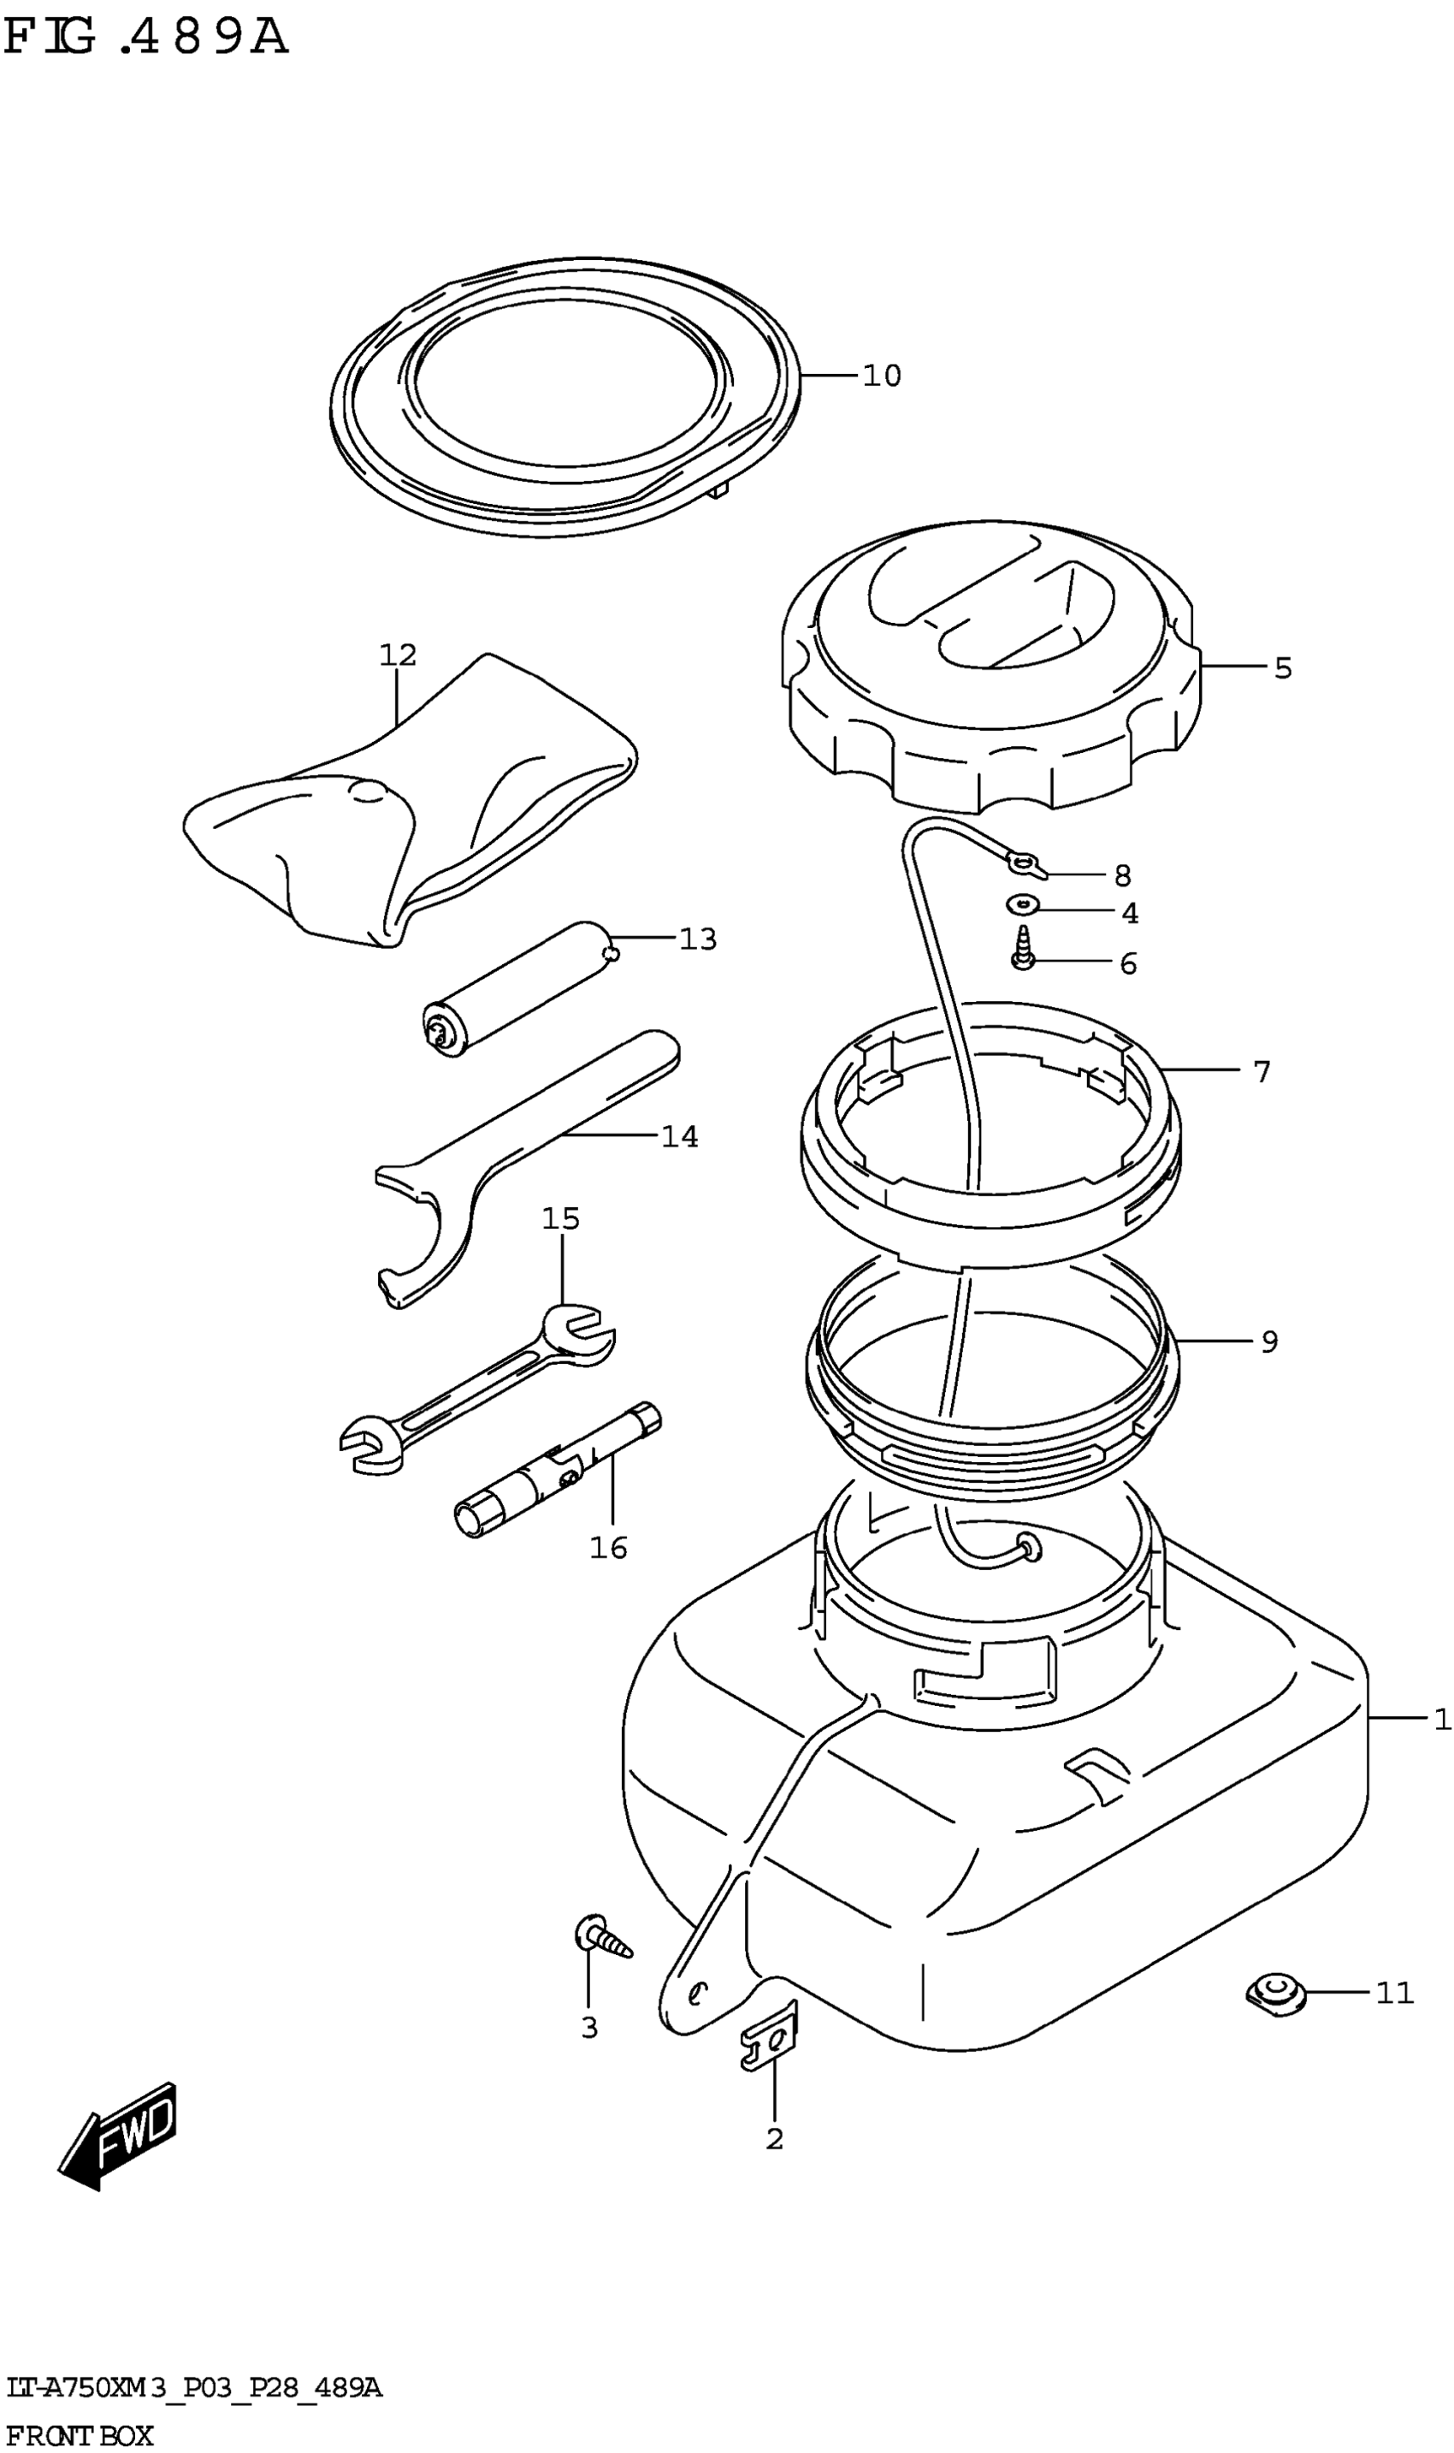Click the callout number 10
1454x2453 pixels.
tap(882, 376)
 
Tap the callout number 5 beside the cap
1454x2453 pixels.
tap(1283, 668)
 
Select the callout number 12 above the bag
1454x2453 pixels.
tap(398, 655)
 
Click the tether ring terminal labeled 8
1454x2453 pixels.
tap(1024, 862)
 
